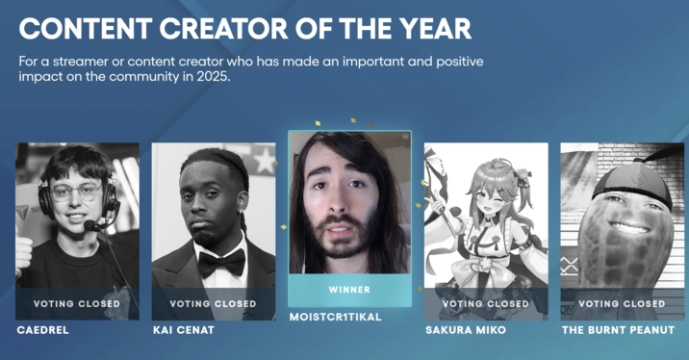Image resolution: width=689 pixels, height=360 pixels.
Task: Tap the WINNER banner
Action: point(349,289)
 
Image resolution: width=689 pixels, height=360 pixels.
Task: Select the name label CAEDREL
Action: point(43,329)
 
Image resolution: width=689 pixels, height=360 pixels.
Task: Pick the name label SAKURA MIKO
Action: point(468,329)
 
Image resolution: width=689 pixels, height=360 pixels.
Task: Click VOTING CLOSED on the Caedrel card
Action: point(77,304)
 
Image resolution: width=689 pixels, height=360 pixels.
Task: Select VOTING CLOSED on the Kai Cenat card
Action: point(213,304)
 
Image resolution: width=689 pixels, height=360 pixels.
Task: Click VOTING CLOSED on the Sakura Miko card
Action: point(486,304)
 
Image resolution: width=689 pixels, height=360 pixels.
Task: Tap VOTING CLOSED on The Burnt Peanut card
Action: point(623,304)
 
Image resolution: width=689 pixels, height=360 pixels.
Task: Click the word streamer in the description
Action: point(73,62)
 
